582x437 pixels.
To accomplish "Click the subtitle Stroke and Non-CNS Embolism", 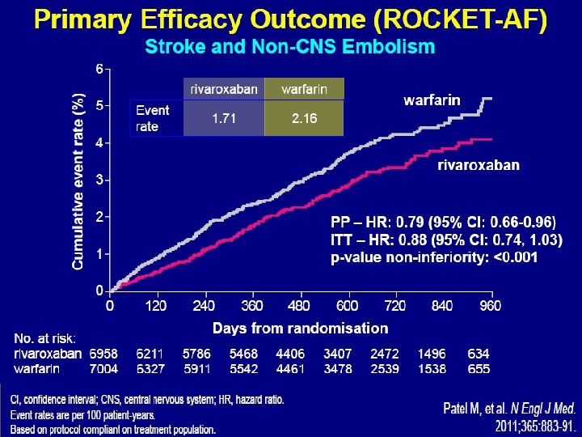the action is click(x=290, y=46).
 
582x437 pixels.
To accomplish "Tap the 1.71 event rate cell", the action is click(x=224, y=118).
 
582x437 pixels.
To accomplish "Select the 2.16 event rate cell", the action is click(x=305, y=118).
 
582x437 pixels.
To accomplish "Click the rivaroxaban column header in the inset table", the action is click(x=224, y=89).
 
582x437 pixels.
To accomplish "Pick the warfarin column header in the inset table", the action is click(x=305, y=89).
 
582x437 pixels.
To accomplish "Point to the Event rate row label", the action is click(x=153, y=118).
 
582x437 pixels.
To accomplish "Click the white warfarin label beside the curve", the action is click(x=432, y=100).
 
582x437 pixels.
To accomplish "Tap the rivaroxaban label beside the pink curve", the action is click(x=479, y=165).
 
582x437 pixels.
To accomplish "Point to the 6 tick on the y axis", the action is click(x=99, y=69).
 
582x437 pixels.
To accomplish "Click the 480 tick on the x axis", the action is click(x=299, y=306).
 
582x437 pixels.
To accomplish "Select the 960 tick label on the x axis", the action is click(x=491, y=306).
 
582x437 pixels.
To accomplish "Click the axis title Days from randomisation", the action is click(x=300, y=328).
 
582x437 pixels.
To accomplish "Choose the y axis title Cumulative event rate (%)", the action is click(x=78, y=181).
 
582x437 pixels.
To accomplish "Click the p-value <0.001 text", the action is click(x=516, y=257).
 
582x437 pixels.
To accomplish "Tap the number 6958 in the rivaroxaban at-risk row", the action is click(x=103, y=354).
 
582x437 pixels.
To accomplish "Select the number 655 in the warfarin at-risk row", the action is click(x=479, y=369).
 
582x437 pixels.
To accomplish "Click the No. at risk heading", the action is click(x=44, y=338).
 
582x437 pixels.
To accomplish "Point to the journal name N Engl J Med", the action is click(x=543, y=409).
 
